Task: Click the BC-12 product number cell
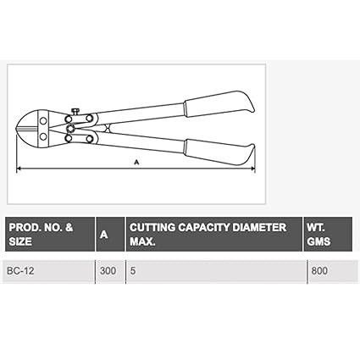[x=20, y=271]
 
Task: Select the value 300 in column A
[x=108, y=271]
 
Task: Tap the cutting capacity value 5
[x=133, y=271]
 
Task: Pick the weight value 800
[x=319, y=271]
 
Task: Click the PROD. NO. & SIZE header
[x=41, y=235]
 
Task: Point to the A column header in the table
[x=104, y=235]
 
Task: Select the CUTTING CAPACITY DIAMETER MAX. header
[x=208, y=235]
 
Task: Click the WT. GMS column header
[x=318, y=235]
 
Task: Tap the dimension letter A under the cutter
[x=136, y=162]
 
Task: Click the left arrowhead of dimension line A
[x=19, y=169]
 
